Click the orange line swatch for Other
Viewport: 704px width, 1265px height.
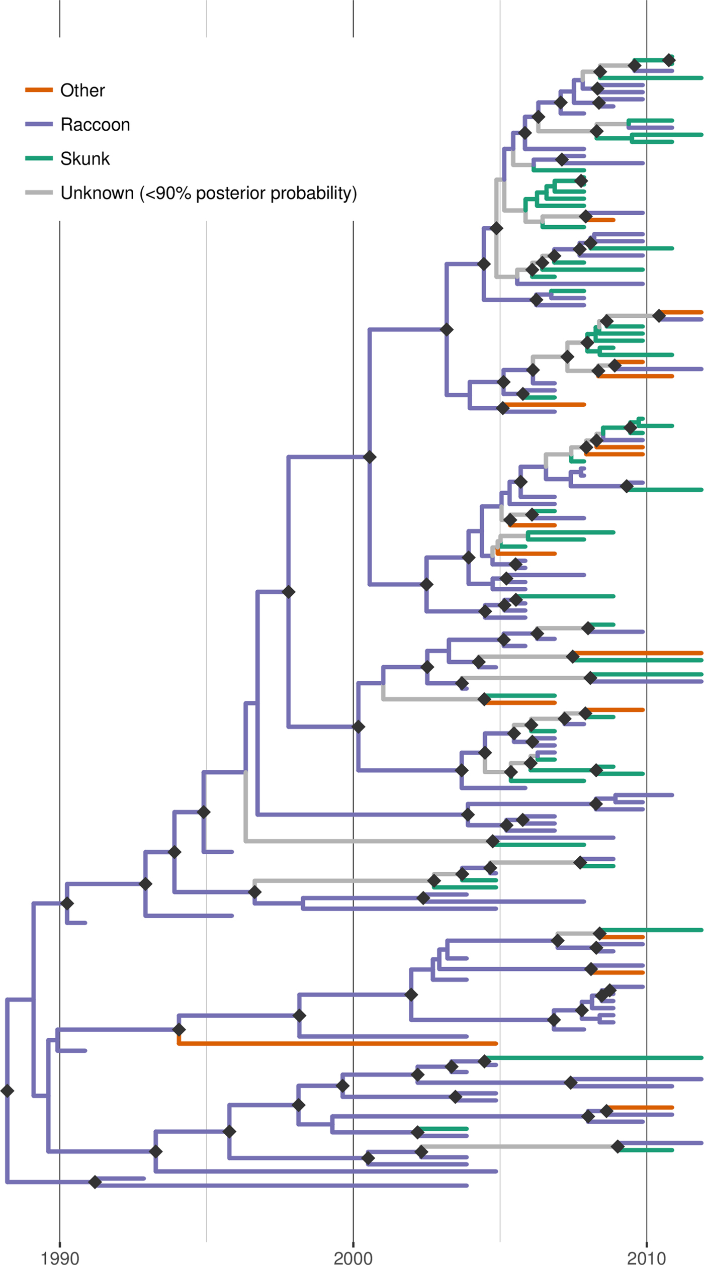pos(39,90)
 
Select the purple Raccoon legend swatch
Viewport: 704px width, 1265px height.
pos(39,124)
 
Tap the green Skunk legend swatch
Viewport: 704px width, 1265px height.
pos(39,158)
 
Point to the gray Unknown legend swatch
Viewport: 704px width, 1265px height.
pos(39,193)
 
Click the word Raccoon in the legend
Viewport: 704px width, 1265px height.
pos(95,125)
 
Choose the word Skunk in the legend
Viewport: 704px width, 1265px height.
pos(85,159)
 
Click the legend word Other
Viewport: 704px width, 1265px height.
pos(82,91)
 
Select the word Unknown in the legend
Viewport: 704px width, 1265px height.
pos(97,193)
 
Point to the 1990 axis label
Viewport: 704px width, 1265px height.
pos(60,1257)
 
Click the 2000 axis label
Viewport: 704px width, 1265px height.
pos(353,1257)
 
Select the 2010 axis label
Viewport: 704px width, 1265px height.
pos(646,1257)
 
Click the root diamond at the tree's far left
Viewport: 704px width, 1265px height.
pos(7,1091)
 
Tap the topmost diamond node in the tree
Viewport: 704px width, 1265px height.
pos(669,60)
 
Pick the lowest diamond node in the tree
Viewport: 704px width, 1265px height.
pos(95,1182)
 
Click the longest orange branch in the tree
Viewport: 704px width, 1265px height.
pos(337,1043)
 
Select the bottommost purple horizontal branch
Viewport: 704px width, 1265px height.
pos(282,1186)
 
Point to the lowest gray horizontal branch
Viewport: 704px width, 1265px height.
pos(518,1146)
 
